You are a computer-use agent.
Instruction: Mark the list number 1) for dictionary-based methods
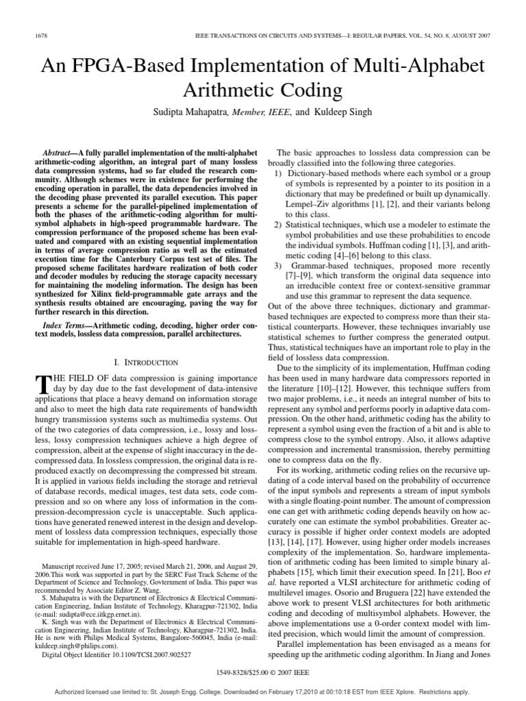click(x=279, y=175)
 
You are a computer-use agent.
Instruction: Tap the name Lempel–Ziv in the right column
click(x=310, y=203)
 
